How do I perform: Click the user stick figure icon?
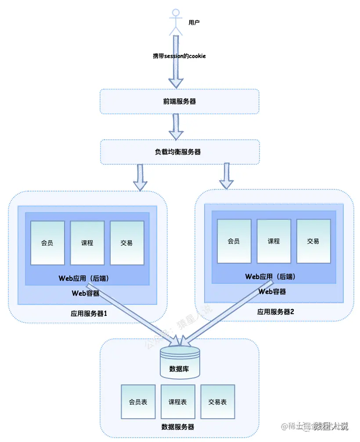(x=176, y=22)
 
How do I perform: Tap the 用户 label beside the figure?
(x=194, y=22)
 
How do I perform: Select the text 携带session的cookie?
(x=179, y=56)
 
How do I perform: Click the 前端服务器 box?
(x=179, y=101)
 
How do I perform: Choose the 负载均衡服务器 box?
(x=180, y=152)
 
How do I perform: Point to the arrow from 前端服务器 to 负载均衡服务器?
(x=176, y=126)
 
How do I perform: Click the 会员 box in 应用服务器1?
(x=47, y=243)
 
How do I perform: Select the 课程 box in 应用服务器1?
(x=87, y=243)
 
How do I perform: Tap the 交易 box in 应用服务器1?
(x=127, y=243)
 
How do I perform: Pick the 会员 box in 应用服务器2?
(x=234, y=241)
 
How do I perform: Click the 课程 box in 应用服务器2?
(x=274, y=241)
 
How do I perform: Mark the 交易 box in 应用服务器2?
(x=313, y=241)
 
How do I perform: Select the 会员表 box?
(x=138, y=402)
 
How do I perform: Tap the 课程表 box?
(x=178, y=402)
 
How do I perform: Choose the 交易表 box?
(x=218, y=402)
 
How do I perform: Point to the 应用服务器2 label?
(x=275, y=312)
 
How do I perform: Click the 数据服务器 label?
(x=178, y=427)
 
